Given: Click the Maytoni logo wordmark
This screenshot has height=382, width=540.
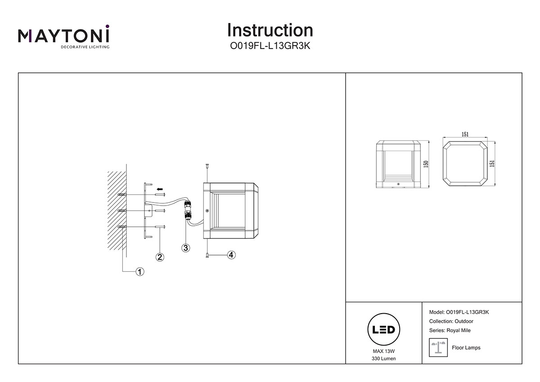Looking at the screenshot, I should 63,36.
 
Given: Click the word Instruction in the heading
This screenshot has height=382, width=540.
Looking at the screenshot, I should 270,30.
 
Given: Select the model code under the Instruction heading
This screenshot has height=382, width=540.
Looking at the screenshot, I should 270,45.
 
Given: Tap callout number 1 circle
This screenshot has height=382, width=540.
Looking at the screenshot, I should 140,271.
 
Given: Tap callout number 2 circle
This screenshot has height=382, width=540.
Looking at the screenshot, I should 159,257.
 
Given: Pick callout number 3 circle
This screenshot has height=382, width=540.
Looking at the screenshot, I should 185,247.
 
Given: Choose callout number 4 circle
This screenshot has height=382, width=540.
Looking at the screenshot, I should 231,255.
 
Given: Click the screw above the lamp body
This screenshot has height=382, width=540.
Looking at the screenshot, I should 206,166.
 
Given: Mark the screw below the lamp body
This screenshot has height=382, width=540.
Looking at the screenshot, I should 206,256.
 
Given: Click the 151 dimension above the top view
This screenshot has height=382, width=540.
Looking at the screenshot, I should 465,134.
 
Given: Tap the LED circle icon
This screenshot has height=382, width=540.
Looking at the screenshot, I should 384,330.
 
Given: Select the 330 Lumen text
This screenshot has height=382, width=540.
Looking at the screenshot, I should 384,359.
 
